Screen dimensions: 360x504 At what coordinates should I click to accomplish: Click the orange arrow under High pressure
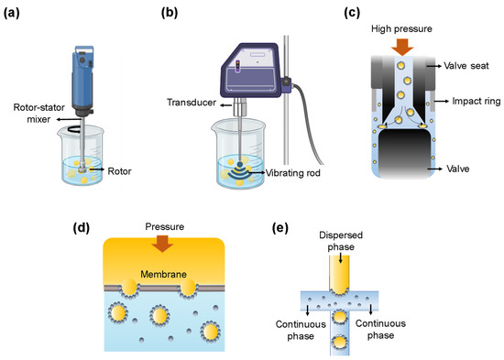[x=400, y=47]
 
